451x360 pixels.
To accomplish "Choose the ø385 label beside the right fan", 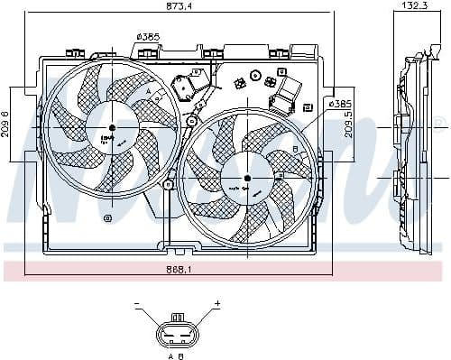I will point(339,105).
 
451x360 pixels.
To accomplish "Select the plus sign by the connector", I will point(217,305).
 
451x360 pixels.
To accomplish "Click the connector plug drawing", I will point(178,331).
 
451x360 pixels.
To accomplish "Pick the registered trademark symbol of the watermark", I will point(439,122).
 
